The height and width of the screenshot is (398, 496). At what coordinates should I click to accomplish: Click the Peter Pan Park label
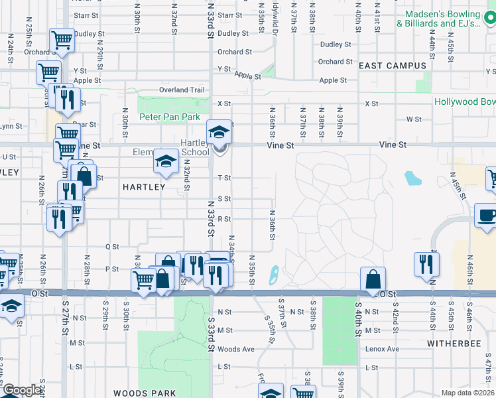pyautogui.click(x=170, y=117)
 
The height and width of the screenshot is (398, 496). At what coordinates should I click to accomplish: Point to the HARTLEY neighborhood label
pyautogui.click(x=143, y=187)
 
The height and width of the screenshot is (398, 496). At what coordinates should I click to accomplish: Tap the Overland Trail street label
pyautogui.click(x=181, y=90)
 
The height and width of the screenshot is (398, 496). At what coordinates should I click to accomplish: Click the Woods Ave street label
pyautogui.click(x=236, y=349)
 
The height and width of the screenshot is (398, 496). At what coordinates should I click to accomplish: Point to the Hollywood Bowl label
pyautogui.click(x=465, y=101)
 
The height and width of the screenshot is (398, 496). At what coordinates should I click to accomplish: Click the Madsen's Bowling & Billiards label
pyautogui.click(x=439, y=19)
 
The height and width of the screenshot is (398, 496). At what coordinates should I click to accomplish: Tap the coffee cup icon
pyautogui.click(x=487, y=216)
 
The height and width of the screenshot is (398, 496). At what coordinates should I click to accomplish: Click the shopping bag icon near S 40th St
pyautogui.click(x=373, y=279)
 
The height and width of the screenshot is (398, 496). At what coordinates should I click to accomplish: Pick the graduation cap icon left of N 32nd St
pyautogui.click(x=165, y=161)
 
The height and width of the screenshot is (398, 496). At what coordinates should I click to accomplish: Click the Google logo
pyautogui.click(x=21, y=391)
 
